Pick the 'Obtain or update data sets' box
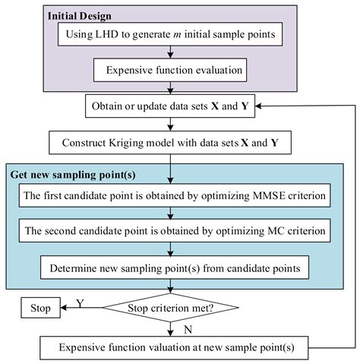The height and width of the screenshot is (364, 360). pos(172,107)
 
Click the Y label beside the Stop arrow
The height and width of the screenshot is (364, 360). pos(80,302)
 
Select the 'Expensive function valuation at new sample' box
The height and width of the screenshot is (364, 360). pos(172,348)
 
